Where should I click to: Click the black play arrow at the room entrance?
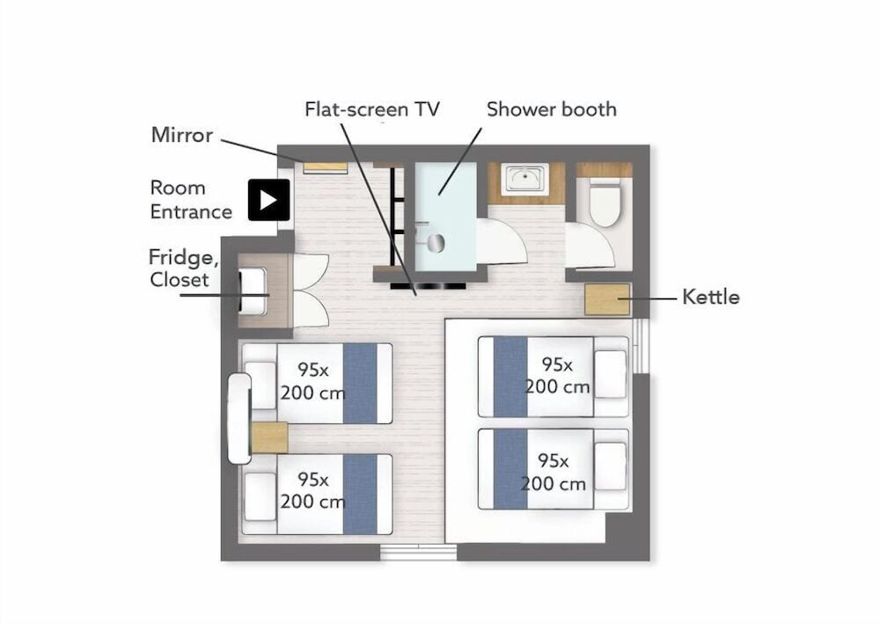[268, 200]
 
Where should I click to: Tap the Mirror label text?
[182, 136]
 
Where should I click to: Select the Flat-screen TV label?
[372, 109]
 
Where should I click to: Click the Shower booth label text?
[552, 109]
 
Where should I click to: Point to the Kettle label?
[710, 297]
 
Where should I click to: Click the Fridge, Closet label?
[183, 268]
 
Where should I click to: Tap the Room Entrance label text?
[191, 200]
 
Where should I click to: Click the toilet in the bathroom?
[604, 202]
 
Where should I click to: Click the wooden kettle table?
[607, 299]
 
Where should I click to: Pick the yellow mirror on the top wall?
[325, 167]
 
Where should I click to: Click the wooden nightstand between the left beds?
[269, 437]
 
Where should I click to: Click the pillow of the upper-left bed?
[261, 385]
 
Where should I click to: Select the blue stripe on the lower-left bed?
[360, 495]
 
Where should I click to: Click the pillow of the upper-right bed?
[610, 375]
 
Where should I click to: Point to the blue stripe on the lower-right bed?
[510, 469]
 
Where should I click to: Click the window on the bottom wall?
[419, 552]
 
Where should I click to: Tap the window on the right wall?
[641, 346]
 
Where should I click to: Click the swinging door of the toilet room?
[590, 247]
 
